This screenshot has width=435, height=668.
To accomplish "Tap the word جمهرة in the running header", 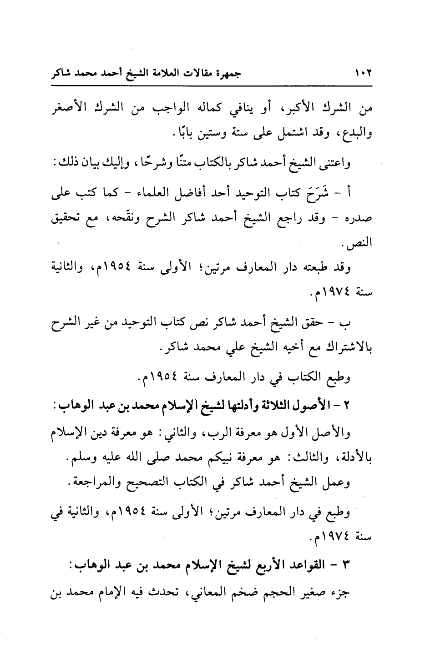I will (x=228, y=73).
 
